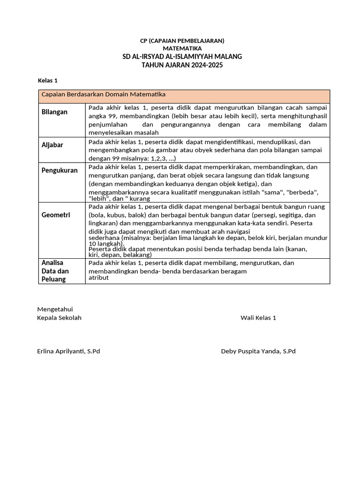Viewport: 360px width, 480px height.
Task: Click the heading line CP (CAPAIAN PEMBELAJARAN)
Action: pos(182,41)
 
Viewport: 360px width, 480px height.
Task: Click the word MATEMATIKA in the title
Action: pos(182,48)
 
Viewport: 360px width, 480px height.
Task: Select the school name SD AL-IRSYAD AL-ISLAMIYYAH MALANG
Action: pos(182,57)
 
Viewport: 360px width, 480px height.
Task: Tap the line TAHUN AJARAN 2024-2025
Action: pos(182,65)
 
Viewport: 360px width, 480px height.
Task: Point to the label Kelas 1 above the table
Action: pos(47,81)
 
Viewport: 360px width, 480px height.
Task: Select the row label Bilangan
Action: pos(54,112)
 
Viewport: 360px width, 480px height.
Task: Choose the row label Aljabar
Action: pos(52,145)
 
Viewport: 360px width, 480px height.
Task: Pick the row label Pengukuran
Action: pos(60,170)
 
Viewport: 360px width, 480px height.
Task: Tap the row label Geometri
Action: pos(56,215)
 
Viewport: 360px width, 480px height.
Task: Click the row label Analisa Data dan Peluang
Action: pos(55,271)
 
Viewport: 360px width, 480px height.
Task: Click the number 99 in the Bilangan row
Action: pos(112,116)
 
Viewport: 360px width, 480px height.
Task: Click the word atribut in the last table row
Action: pos(98,277)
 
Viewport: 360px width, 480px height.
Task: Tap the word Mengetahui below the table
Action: pos(55,309)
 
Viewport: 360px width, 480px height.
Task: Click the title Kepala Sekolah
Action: pos(59,318)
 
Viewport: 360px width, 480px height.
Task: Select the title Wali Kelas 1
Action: pos(258,318)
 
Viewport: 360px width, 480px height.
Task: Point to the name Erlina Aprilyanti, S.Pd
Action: pos(68,351)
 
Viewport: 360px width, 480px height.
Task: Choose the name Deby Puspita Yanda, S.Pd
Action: pos(258,351)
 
